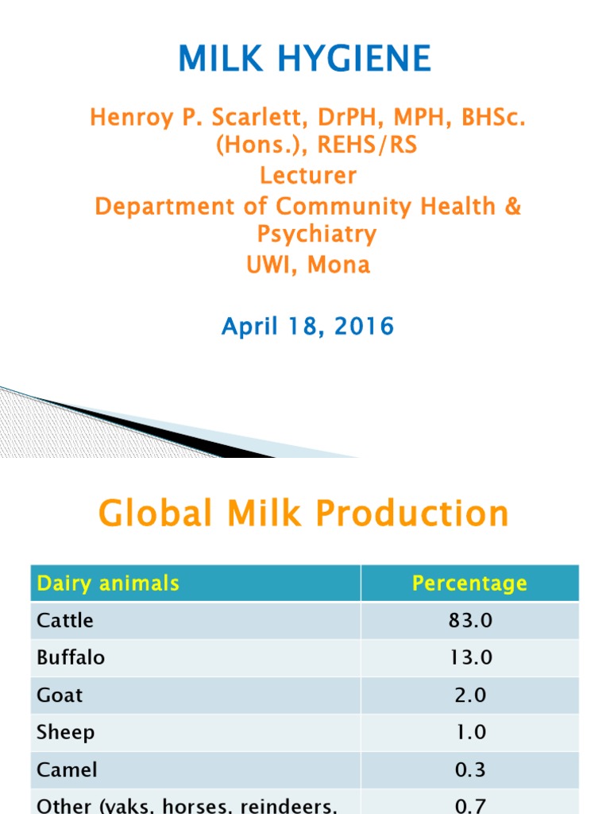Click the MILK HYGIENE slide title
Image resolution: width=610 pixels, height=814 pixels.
pos(305,59)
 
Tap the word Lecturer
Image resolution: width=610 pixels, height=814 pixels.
pos(305,175)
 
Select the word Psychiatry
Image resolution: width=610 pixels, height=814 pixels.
pos(316,234)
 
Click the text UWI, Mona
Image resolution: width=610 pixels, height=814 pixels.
pos(308,264)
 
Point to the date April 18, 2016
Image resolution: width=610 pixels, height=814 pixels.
pos(307,326)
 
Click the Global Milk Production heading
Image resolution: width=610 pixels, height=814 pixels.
pos(303,514)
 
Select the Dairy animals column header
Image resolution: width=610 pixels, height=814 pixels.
pos(108,583)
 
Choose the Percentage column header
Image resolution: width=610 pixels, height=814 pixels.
pos(469,584)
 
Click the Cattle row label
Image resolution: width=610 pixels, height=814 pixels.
pos(65,621)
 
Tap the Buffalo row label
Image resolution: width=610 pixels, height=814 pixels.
pos(71,658)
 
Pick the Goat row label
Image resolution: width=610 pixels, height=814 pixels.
pos(60,696)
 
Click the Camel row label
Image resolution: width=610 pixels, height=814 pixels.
pos(67,770)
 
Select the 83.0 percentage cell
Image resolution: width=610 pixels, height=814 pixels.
pos(469,621)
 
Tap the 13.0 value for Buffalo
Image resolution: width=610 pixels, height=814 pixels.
pos(469,658)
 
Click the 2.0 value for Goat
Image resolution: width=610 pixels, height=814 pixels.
pos(469,696)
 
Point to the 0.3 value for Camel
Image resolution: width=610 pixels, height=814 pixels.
pos(469,770)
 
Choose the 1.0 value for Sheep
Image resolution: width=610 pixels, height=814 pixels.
pos(469,733)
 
